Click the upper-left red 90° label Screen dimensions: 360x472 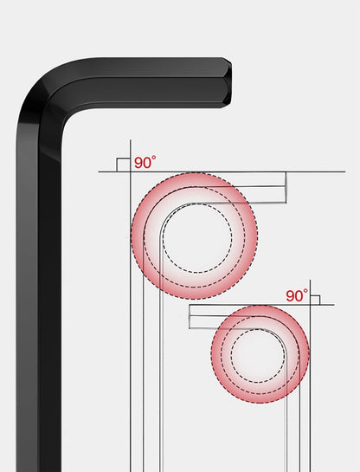(145, 162)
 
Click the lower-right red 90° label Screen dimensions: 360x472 (297, 295)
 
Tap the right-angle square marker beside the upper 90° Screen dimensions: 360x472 (123, 165)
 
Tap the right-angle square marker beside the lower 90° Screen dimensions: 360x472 (315, 301)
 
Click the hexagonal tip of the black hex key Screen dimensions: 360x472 (227, 83)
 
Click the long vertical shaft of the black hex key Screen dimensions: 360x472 (39, 301)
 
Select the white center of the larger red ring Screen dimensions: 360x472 (197, 238)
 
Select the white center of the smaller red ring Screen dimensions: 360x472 (258, 355)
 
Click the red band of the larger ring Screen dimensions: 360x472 (138, 236)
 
